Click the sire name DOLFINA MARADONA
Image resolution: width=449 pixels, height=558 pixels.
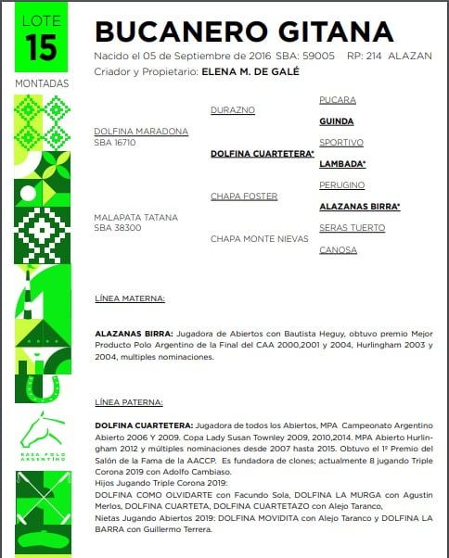pos(141,132)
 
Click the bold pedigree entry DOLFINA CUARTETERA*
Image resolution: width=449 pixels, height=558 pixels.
pos(262,154)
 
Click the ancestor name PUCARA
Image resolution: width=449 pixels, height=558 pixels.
pos(337,99)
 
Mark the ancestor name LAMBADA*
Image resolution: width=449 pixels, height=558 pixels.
pos(342,164)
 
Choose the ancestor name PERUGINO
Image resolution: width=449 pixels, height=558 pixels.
pos(341,184)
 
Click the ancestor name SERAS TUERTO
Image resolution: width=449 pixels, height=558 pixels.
pos(352,228)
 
